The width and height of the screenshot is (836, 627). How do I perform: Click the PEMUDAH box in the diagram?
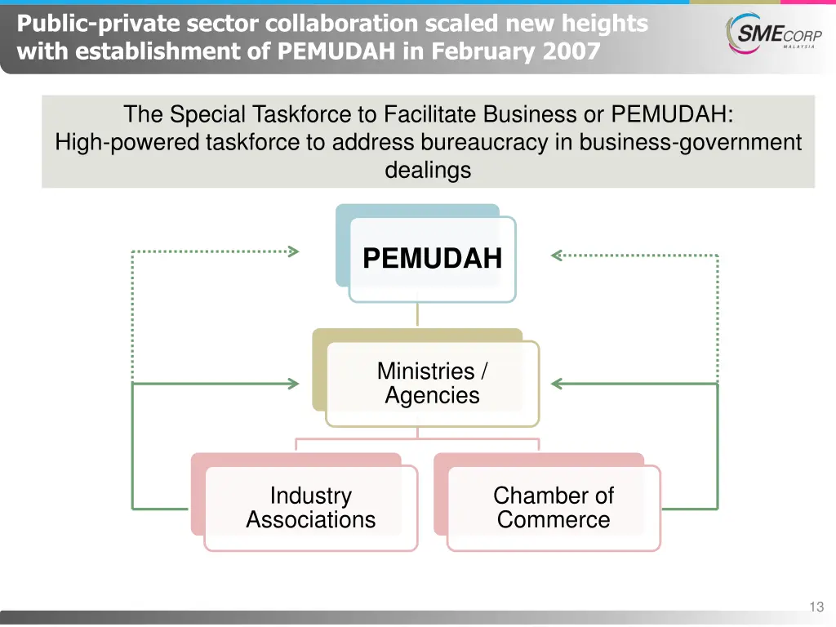[432, 259]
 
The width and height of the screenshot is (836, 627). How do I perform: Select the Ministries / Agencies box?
[432, 384]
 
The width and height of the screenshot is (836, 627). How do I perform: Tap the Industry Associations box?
[310, 508]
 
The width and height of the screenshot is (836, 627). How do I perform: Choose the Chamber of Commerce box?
[554, 508]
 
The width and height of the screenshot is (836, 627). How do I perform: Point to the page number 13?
[816, 607]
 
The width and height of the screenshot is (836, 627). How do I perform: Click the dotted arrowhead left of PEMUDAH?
[293, 251]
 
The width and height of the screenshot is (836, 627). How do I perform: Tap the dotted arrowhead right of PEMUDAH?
[558, 255]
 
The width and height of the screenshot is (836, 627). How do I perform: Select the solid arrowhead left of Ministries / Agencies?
[293, 383]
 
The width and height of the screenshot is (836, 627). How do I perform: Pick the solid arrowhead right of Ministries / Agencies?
[558, 383]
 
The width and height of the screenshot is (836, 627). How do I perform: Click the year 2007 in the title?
[571, 52]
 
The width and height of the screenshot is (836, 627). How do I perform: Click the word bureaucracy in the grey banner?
[485, 143]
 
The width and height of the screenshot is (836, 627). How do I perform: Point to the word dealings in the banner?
[428, 170]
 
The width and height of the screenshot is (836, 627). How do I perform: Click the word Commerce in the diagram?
[554, 520]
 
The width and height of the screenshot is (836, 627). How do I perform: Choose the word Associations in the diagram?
[310, 520]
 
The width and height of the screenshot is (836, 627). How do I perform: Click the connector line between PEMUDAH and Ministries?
[417, 315]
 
